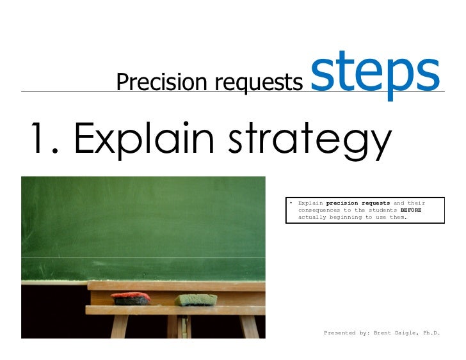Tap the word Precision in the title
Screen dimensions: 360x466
pyautogui.click(x=153, y=82)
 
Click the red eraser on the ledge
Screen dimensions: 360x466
pyautogui.click(x=131, y=298)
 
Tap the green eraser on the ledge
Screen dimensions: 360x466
pyautogui.click(x=196, y=299)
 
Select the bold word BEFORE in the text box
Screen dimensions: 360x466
pyautogui.click(x=411, y=210)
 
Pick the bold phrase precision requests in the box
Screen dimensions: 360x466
pyautogui.click(x=358, y=203)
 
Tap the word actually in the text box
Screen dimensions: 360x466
pyautogui.click(x=313, y=217)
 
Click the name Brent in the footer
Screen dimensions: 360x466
pyautogui.click(x=385, y=333)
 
